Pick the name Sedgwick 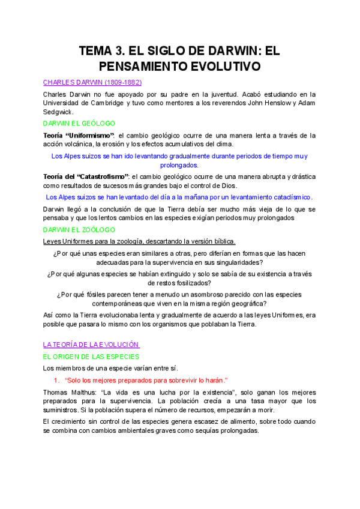click(x=58, y=112)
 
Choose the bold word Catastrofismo click(x=103, y=176)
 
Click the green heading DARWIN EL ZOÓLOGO click(x=79, y=230)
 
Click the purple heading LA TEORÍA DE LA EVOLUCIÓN click(x=91, y=345)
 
